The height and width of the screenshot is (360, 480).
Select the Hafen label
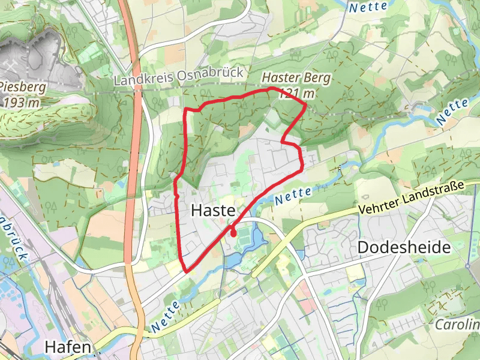pos(68,347)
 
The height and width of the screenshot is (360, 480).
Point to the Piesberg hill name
pos(23,87)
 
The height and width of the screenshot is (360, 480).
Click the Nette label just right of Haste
pos(293,195)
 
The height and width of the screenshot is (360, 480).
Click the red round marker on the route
pos(232,233)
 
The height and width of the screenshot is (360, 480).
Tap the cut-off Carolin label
pos(458,326)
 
